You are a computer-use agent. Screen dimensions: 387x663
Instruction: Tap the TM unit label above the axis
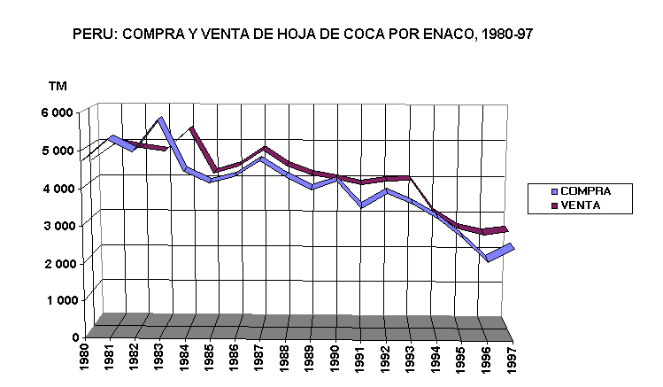[x=58, y=86]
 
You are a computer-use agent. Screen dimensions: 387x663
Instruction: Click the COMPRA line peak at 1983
[x=160, y=120]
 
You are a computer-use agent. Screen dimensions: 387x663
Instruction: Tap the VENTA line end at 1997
[x=506, y=229]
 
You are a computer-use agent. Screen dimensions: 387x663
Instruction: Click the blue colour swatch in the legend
[x=553, y=191]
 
